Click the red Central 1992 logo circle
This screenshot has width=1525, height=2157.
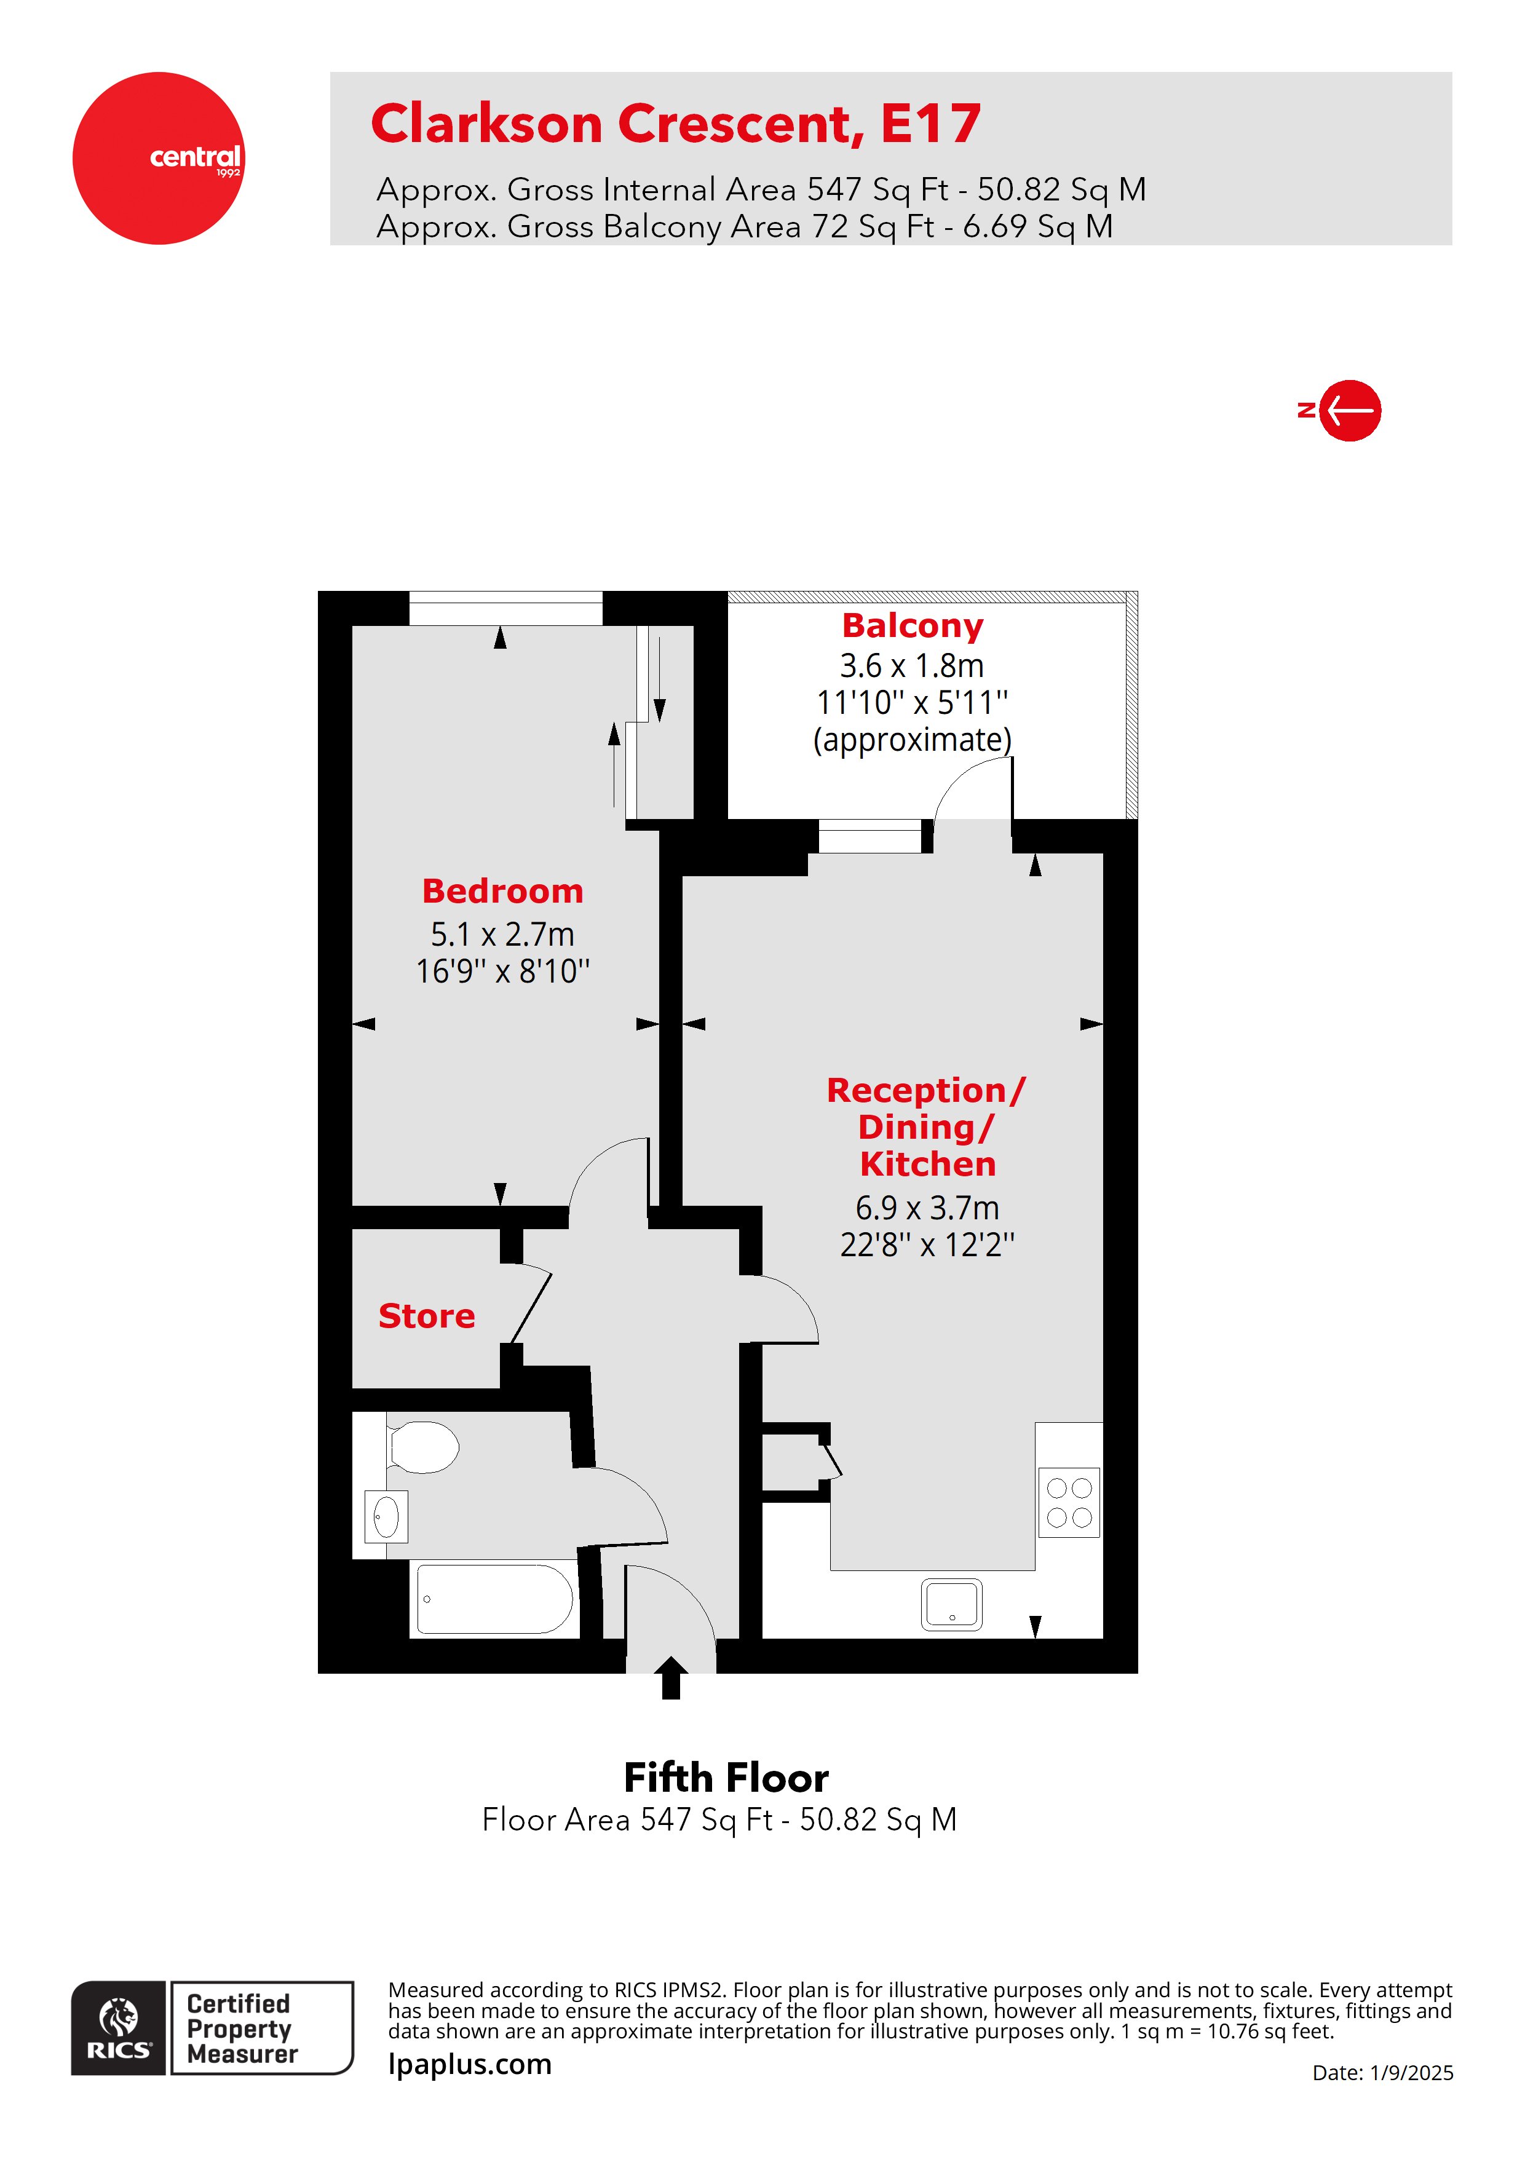pyautogui.click(x=158, y=158)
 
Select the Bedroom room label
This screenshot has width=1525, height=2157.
pyautogui.click(x=502, y=890)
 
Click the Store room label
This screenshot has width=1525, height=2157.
pyautogui.click(x=427, y=1316)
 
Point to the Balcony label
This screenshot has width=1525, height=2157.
pyautogui.click(x=913, y=626)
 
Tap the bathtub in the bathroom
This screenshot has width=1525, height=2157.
pyautogui.click(x=495, y=1599)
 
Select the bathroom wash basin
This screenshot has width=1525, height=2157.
pyautogui.click(x=386, y=1516)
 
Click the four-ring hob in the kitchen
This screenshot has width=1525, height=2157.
pyautogui.click(x=1069, y=1502)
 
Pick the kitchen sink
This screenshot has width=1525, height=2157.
pyautogui.click(x=952, y=1604)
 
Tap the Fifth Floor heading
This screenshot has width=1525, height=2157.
pyautogui.click(x=726, y=1778)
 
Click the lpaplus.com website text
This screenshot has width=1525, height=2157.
pyautogui.click(x=470, y=2064)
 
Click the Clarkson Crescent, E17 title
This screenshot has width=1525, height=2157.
pyautogui.click(x=676, y=124)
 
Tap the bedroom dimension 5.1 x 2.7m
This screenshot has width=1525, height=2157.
pyautogui.click(x=502, y=935)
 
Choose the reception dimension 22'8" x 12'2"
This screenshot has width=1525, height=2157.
pyautogui.click(x=927, y=1245)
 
